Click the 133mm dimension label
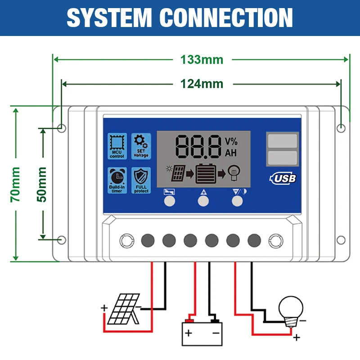pos(202,59)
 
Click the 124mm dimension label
pos(202,84)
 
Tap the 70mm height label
pos(16,184)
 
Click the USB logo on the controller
pos(283,178)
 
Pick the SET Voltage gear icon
pos(140,146)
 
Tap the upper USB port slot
pos(282,141)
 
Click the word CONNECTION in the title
pos(226,18)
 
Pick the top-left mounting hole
pos(62,128)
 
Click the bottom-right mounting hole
pos(341,240)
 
